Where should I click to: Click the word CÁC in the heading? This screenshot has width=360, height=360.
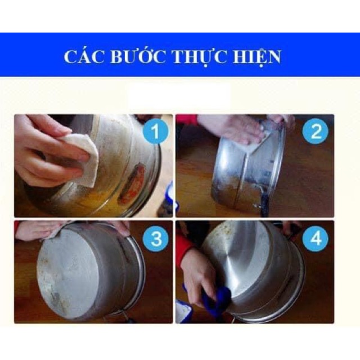[82, 57]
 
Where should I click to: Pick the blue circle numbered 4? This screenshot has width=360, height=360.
[315, 239]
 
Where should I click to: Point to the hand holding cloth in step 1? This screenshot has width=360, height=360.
[42, 152]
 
